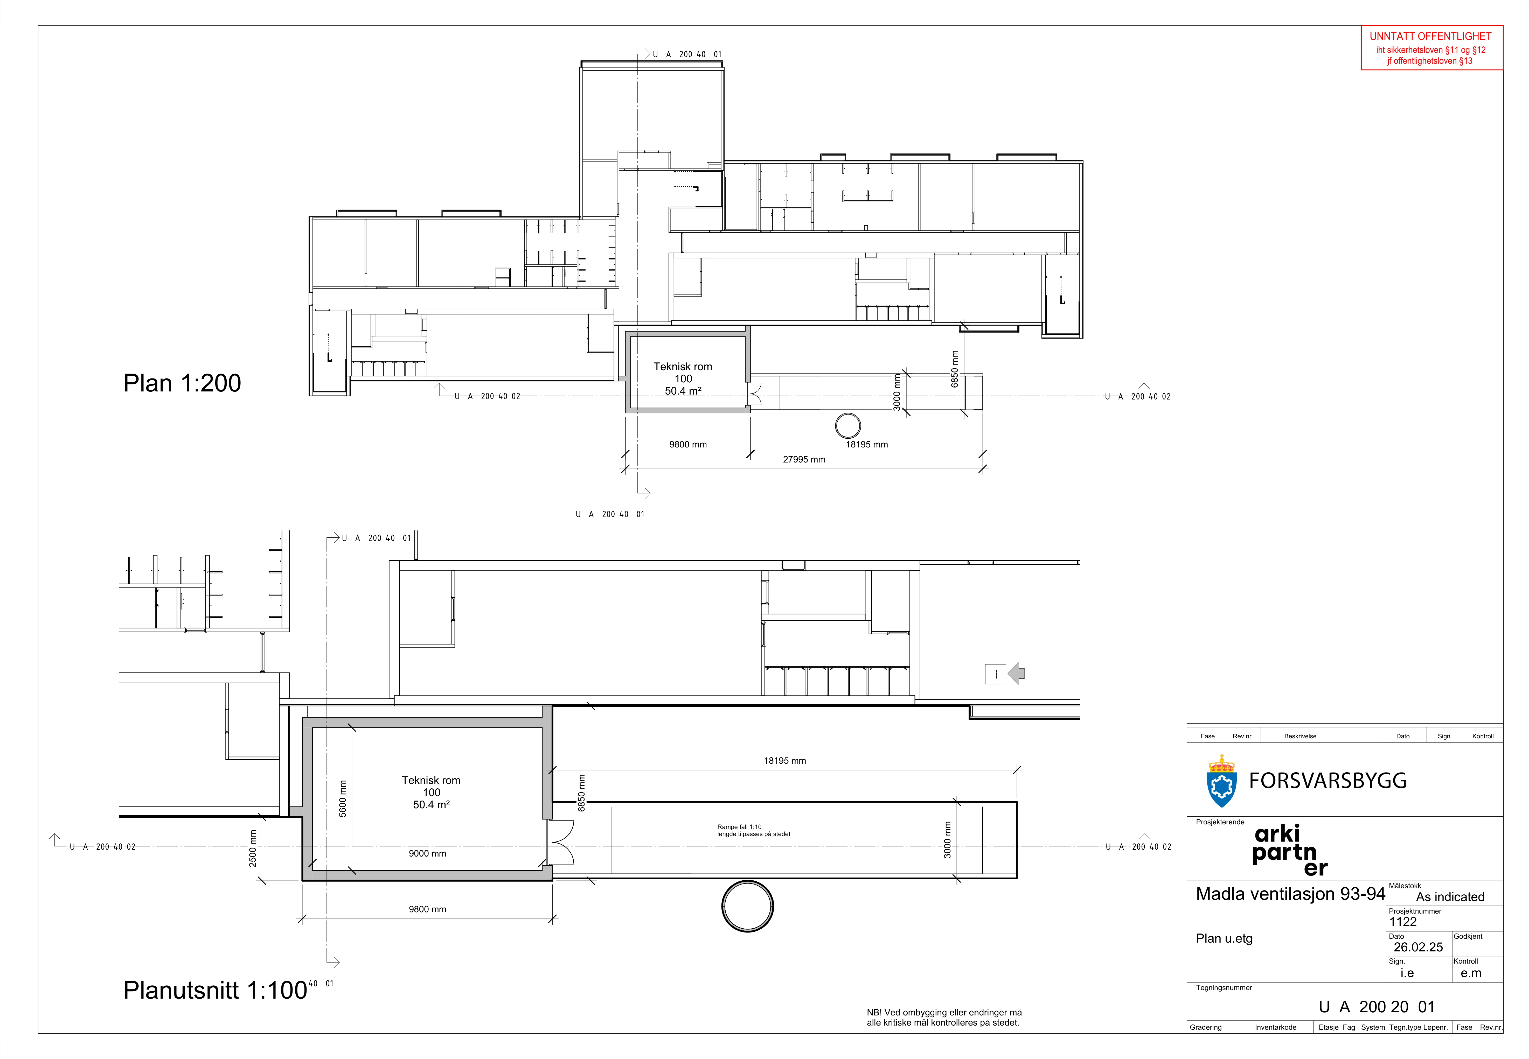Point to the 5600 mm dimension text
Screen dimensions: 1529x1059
pyautogui.click(x=342, y=798)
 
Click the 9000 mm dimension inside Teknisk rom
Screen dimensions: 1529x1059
pyautogui.click(x=427, y=853)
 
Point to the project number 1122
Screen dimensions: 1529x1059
pyautogui.click(x=1403, y=922)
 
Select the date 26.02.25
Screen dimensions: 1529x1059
pyautogui.click(x=1418, y=947)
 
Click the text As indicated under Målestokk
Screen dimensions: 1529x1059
pyautogui.click(x=1450, y=897)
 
